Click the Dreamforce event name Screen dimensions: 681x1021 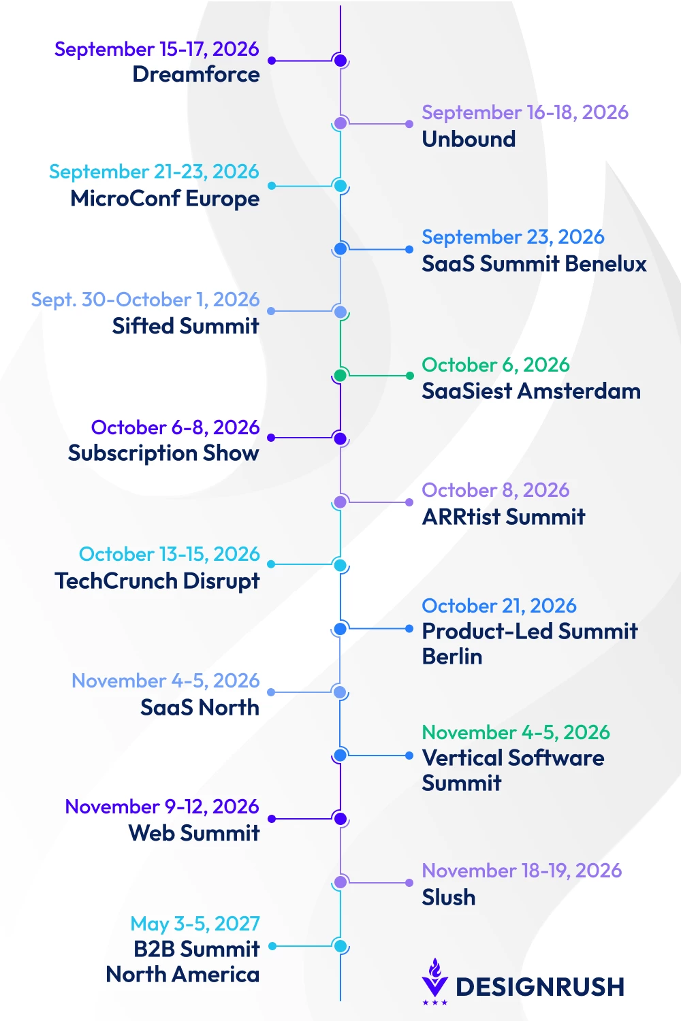(196, 74)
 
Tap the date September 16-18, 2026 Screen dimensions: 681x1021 (525, 112)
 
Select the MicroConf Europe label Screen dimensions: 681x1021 (165, 199)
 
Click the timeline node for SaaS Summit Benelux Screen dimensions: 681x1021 (340, 249)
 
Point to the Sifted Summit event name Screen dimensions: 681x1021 (186, 326)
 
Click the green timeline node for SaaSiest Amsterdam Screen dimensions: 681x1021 (340, 375)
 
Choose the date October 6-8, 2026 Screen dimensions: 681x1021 (175, 427)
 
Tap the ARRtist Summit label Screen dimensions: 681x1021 (503, 517)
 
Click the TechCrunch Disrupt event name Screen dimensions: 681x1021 (157, 581)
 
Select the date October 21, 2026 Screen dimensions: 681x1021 (499, 606)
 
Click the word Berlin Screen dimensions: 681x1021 (452, 657)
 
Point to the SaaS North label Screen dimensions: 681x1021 (200, 707)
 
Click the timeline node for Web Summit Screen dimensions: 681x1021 (340, 819)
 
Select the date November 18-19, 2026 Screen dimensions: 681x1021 (522, 871)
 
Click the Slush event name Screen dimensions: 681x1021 (448, 897)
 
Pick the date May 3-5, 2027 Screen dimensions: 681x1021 (195, 924)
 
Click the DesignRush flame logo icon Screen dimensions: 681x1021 (434, 980)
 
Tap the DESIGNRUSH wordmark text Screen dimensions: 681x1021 (540, 987)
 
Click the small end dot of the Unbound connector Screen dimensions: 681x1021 (409, 123)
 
